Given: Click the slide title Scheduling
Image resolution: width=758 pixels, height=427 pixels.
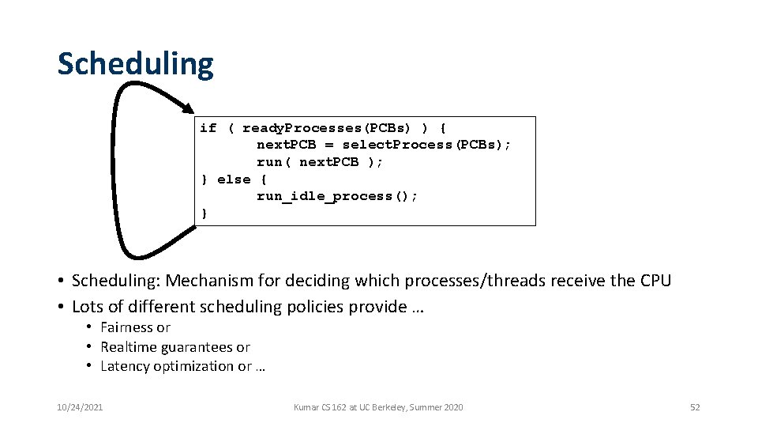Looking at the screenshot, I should click(x=135, y=64).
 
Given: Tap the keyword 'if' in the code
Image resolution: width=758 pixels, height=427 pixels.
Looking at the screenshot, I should click(x=208, y=128).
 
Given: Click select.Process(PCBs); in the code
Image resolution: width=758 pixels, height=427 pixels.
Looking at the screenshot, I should click(x=426, y=145).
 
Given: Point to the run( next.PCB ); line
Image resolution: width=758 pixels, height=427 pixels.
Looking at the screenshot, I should click(x=320, y=162).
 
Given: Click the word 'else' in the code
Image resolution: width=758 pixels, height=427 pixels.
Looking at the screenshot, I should click(x=234, y=179).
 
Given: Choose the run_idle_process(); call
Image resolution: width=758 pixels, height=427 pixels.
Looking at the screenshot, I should click(x=337, y=196).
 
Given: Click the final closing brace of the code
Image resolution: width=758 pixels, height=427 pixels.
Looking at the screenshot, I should click(x=205, y=213).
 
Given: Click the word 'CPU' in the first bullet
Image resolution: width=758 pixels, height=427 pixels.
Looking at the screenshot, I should click(x=654, y=281).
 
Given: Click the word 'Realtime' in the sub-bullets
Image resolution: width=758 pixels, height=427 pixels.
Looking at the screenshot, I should click(x=129, y=347).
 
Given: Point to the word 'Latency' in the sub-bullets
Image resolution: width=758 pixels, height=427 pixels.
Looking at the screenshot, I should click(x=123, y=366).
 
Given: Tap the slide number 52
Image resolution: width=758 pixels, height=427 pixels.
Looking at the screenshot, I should click(x=695, y=407).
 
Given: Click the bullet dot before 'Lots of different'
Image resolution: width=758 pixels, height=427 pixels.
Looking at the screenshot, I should click(x=61, y=307).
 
